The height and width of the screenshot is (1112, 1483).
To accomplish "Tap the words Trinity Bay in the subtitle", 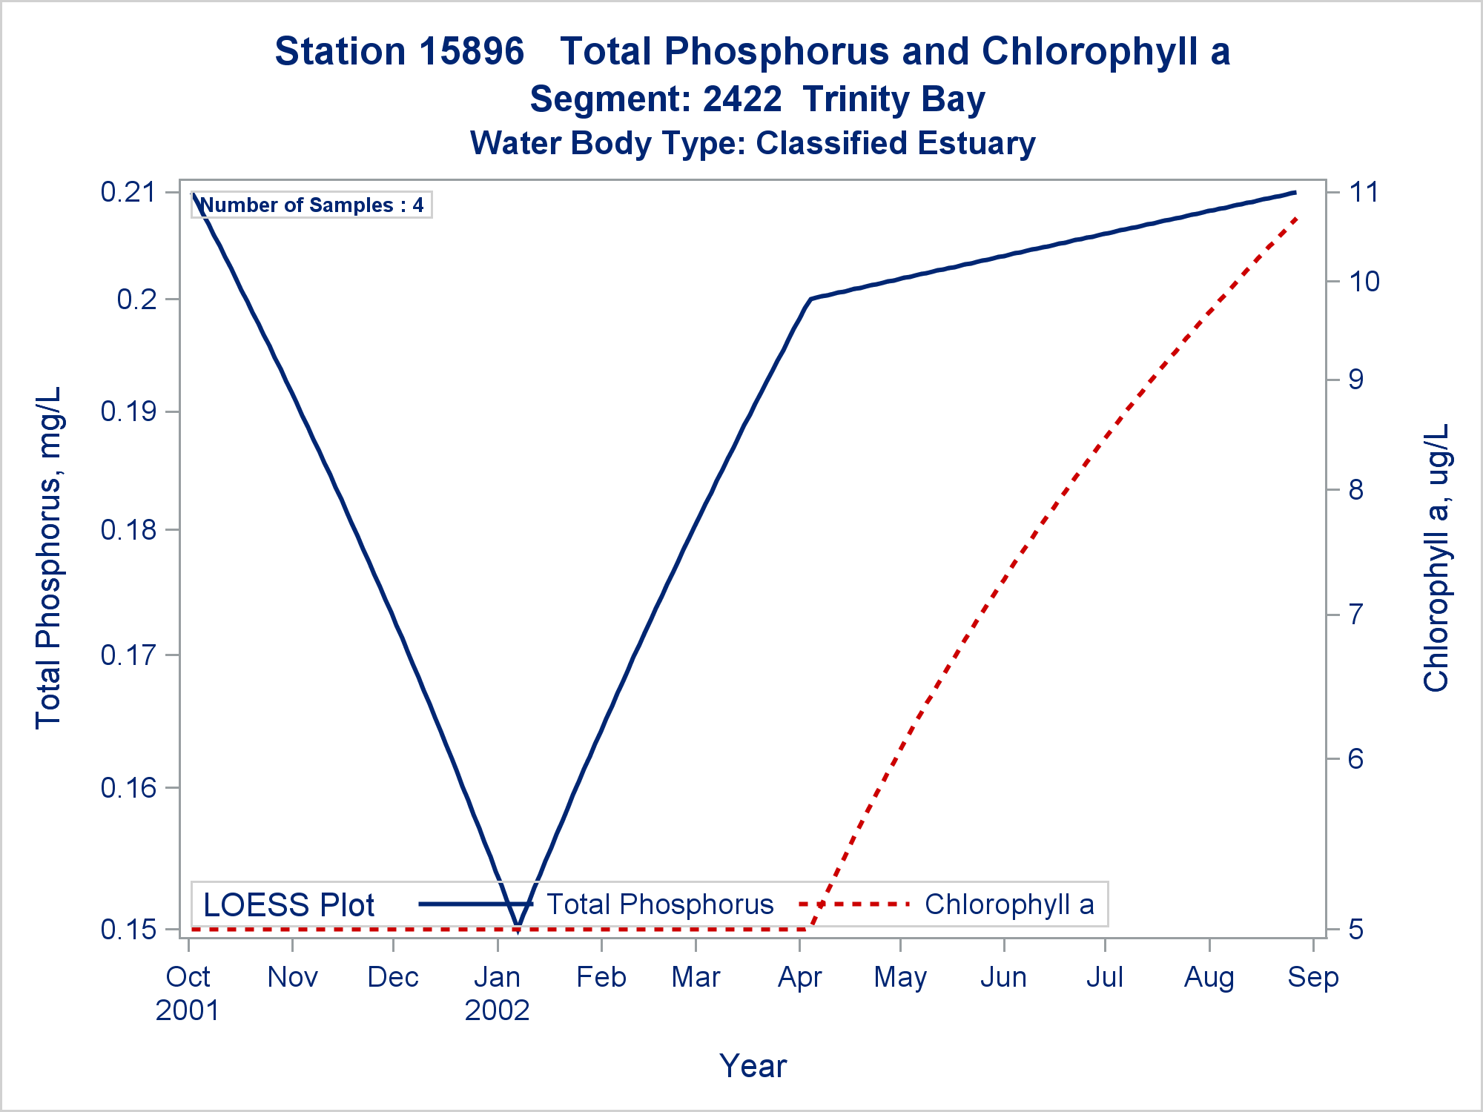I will pos(894,99).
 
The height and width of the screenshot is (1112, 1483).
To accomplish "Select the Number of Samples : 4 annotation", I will pos(311,205).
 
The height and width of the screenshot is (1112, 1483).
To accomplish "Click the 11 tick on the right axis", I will pos(1363,193).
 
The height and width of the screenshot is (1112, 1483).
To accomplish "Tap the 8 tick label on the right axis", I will pos(1355,490).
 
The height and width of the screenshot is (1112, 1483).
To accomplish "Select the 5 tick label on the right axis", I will pos(1355,929).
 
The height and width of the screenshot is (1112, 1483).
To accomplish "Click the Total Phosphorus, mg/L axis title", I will pos(48,557).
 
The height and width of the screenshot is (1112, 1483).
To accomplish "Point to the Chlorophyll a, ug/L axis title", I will pos(1436,557).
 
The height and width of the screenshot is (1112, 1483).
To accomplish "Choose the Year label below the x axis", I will pos(753,1066).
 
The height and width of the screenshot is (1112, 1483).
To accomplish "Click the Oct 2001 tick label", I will pos(188,993).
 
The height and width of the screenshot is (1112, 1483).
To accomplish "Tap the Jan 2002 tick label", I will pos(497,993).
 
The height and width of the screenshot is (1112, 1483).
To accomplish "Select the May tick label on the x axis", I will pos(900,977).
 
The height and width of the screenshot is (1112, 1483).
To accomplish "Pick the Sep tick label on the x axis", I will pos(1313,977).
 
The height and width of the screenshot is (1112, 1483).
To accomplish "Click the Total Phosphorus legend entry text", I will pos(660,904).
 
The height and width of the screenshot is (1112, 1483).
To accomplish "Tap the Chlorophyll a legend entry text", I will pos(1009,904).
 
